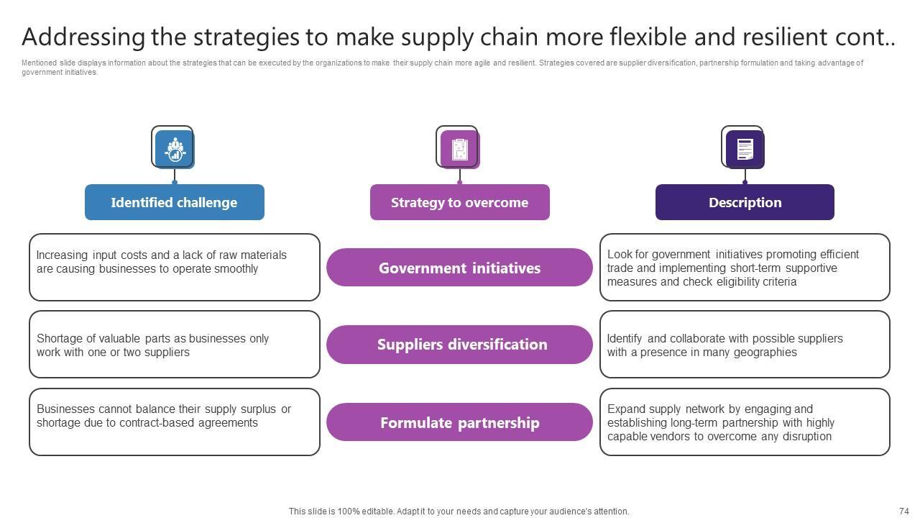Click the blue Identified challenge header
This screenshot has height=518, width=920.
coord(174,202)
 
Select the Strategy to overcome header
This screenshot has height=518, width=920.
coord(459,202)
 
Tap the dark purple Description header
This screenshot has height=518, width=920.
coord(745,202)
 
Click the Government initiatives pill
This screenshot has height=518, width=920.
coord(459,268)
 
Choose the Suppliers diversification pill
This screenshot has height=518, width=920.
coord(459,345)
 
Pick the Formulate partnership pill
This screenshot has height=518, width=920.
coord(459,422)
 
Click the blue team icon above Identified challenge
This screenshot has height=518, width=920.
coord(175,149)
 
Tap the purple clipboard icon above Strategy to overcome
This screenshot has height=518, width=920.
coord(459,149)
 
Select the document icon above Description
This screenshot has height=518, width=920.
coord(745,149)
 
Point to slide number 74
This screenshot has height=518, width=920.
coord(903,512)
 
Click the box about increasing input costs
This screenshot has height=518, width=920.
coord(174,267)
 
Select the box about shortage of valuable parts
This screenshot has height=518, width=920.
coord(174,345)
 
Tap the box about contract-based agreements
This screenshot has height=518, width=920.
coord(174,422)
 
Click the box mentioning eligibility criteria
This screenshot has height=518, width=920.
coord(745,267)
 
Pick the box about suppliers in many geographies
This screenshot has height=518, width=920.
coord(745,345)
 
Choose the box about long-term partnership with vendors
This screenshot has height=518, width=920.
coord(745,422)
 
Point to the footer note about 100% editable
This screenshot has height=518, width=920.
coord(459,512)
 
